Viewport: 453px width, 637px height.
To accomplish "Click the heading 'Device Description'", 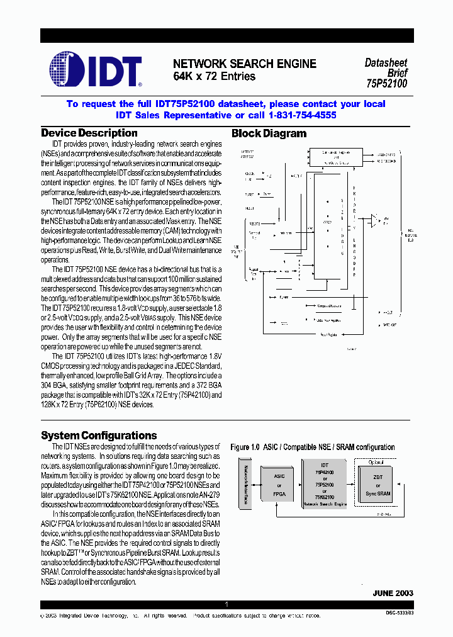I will coord(89,133).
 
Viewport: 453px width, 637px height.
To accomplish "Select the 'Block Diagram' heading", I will coord(269,133).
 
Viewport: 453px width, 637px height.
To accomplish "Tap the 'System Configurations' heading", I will coord(99,436).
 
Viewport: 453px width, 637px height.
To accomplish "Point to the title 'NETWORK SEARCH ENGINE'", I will coord(245,64).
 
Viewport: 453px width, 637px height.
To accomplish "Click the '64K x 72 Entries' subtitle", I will coord(214,77).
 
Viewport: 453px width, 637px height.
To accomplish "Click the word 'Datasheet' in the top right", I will coord(386,63).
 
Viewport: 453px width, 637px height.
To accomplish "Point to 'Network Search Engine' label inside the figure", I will coord(325,505).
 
